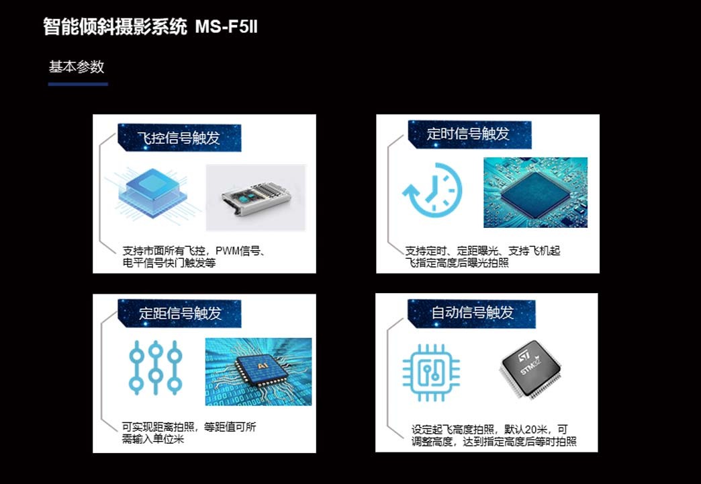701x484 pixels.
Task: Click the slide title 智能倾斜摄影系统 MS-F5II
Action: tap(150, 27)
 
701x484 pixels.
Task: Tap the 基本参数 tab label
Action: tap(77, 67)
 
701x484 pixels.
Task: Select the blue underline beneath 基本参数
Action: tap(78, 84)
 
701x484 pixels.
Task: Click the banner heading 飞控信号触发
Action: tap(179, 138)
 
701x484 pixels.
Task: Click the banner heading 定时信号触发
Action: tap(469, 134)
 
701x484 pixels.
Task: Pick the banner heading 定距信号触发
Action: tap(180, 313)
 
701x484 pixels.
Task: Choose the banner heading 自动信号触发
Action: tap(472, 313)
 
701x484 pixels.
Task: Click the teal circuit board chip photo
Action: tap(535, 192)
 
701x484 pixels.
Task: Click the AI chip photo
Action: tap(259, 371)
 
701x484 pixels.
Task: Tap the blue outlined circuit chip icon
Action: tap(432, 372)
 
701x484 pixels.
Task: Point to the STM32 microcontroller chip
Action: tap(530, 370)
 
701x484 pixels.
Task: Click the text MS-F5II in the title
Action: tap(226, 27)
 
